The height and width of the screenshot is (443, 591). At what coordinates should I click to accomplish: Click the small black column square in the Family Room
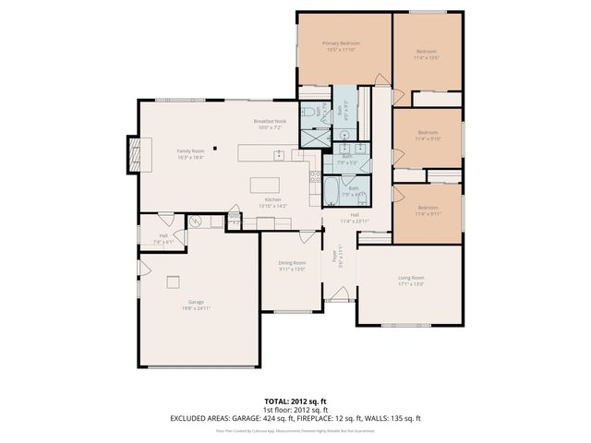tap(214, 146)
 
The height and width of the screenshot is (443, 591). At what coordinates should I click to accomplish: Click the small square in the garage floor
tap(173, 282)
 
